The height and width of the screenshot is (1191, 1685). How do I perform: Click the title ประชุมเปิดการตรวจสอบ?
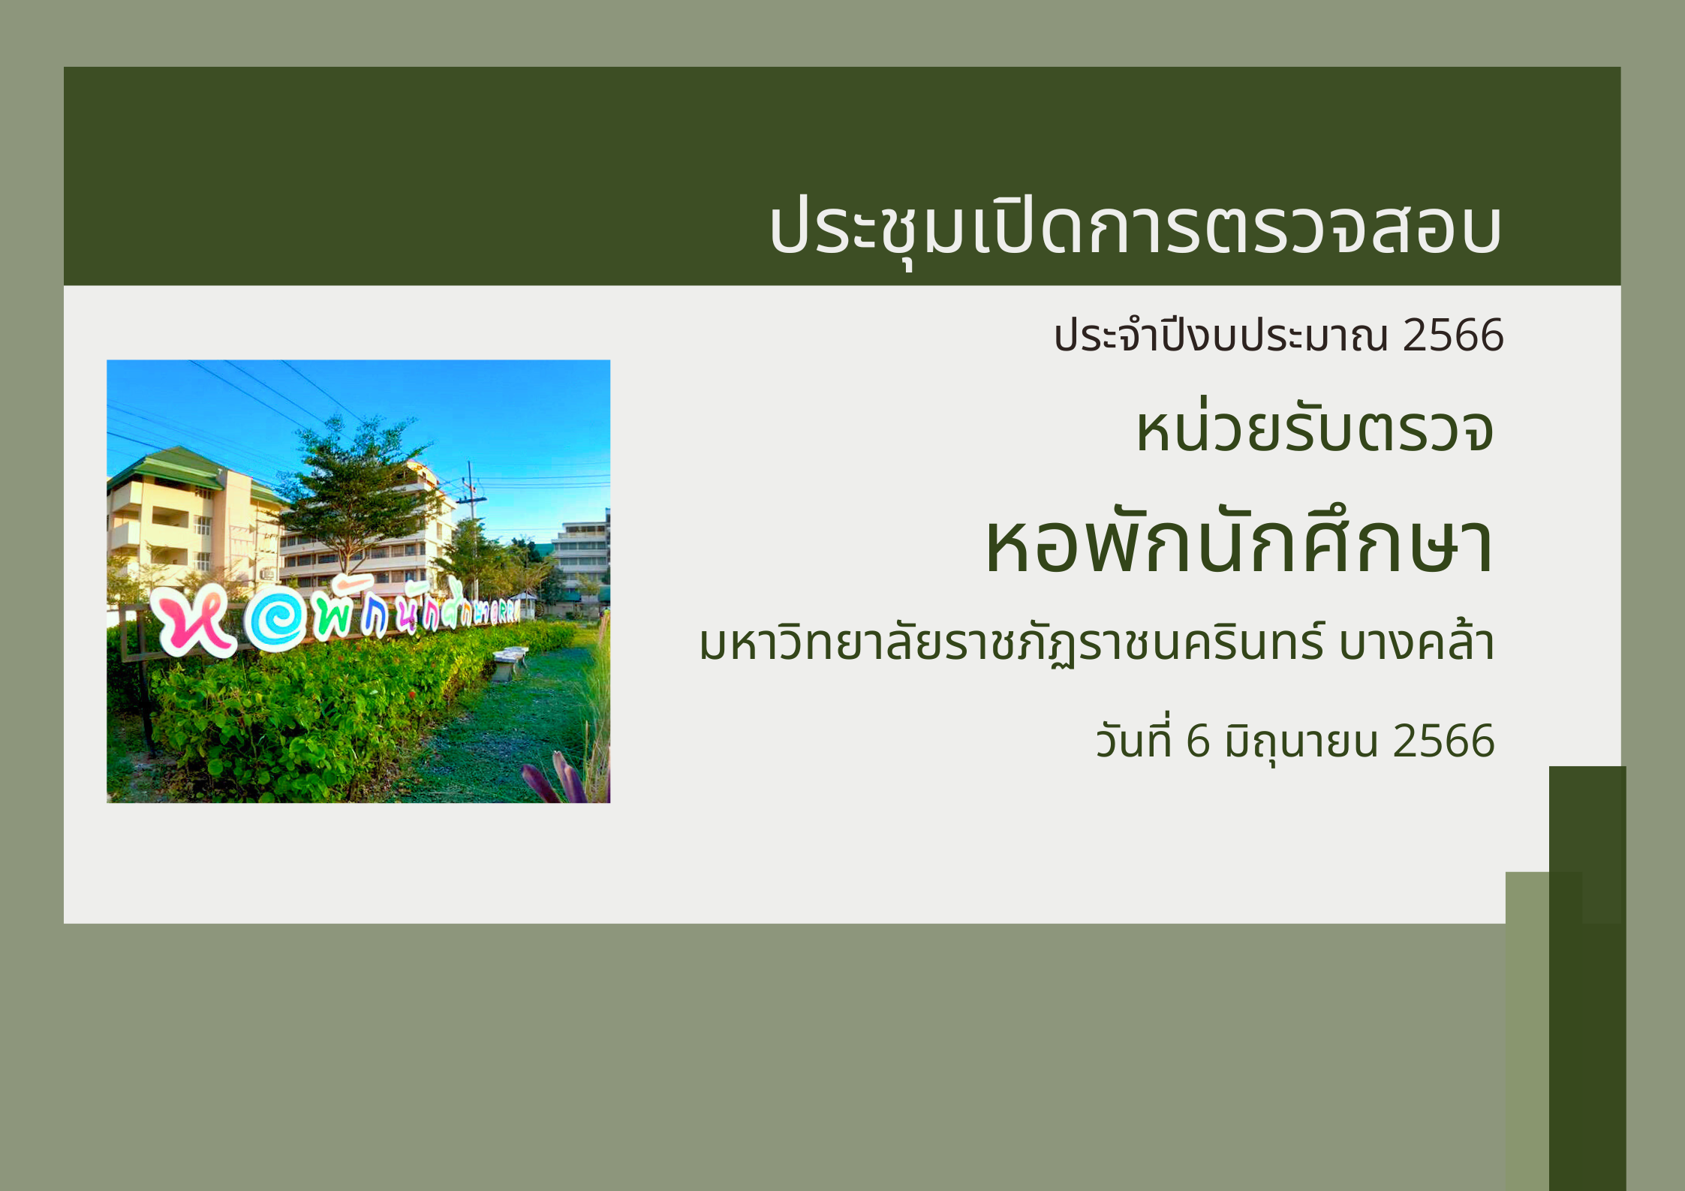click(1135, 227)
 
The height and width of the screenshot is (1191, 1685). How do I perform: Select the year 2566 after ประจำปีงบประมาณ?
click(1453, 335)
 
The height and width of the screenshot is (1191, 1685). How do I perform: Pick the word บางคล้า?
click(1416, 642)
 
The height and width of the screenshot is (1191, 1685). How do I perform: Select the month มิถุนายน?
click(1301, 741)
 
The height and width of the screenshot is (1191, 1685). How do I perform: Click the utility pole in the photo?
click(471, 529)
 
